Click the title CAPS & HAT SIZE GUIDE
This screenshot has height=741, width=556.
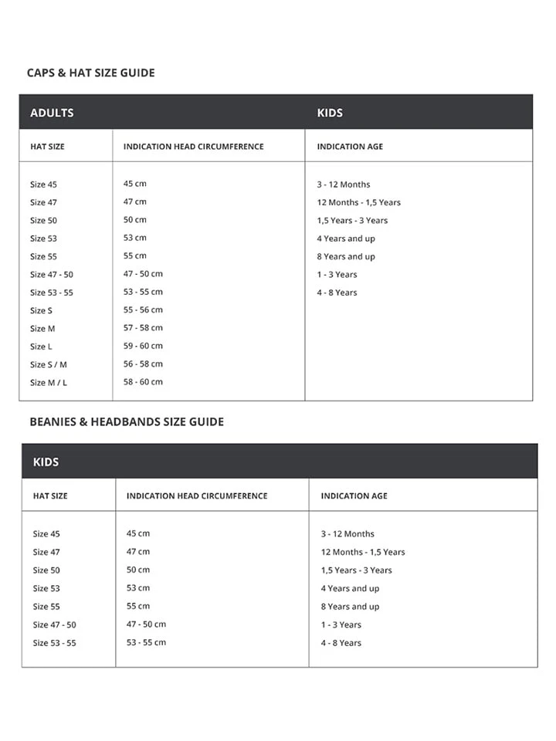click(x=90, y=73)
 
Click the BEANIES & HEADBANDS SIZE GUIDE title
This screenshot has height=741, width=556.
click(x=127, y=422)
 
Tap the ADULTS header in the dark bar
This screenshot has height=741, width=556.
click(x=52, y=113)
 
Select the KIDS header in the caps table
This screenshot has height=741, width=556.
click(x=330, y=113)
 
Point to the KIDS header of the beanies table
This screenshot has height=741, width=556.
click(x=46, y=462)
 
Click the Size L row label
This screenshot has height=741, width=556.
click(x=42, y=347)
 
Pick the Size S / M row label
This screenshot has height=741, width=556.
click(x=49, y=364)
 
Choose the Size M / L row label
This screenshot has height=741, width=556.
click(x=49, y=383)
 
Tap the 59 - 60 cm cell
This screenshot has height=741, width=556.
click(x=143, y=346)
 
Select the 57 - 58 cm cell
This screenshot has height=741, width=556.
click(x=143, y=328)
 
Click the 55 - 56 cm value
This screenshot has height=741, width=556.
click(x=143, y=310)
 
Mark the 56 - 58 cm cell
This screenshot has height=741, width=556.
click(x=143, y=364)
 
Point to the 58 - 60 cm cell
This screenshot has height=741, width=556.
click(x=143, y=382)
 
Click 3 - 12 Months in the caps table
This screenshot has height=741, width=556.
click(x=344, y=184)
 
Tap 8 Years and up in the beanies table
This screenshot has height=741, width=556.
click(x=350, y=607)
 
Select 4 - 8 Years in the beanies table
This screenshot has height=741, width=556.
click(x=341, y=643)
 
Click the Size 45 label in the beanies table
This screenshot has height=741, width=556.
click(x=46, y=534)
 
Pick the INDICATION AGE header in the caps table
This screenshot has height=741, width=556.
click(x=350, y=147)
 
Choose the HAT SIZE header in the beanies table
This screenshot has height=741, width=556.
click(x=50, y=496)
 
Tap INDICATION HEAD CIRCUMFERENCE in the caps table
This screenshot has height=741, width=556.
click(x=193, y=147)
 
